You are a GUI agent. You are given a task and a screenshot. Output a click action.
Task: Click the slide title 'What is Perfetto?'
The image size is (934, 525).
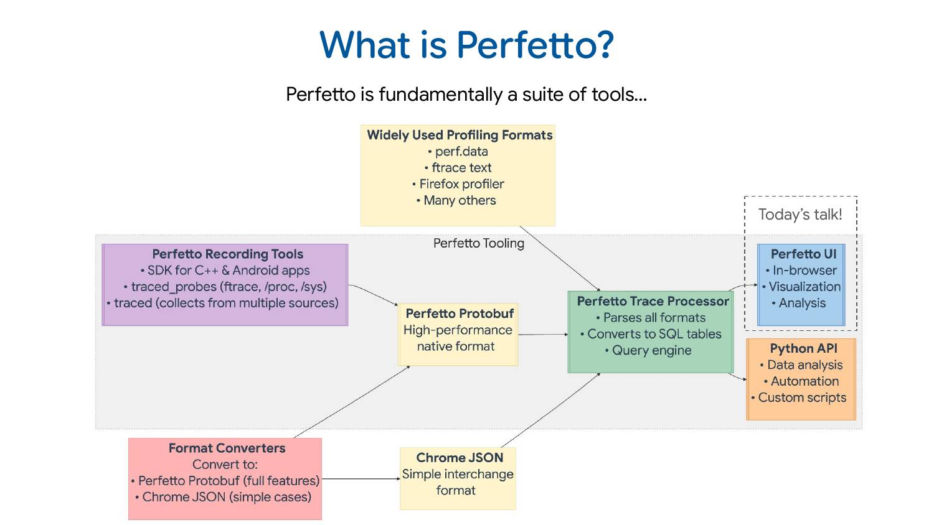466,45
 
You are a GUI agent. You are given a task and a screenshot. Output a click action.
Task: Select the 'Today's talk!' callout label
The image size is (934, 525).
800,215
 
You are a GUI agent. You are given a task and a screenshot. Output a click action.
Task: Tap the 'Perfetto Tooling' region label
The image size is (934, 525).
478,243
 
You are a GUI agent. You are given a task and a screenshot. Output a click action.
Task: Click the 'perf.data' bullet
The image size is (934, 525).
461,151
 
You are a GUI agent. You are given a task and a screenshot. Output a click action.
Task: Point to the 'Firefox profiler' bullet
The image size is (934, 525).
461,184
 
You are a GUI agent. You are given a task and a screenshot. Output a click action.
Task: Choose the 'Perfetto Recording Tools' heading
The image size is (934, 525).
227,254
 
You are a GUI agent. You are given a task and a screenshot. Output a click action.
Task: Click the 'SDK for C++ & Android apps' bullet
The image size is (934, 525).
228,271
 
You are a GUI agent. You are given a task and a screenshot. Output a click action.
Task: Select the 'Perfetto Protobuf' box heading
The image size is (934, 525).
460,314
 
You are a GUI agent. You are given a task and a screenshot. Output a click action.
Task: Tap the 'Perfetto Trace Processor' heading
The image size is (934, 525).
653,301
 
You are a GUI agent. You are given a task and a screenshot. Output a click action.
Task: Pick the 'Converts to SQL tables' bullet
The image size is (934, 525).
654,334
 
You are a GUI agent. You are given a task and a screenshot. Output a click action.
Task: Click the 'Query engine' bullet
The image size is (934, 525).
651,350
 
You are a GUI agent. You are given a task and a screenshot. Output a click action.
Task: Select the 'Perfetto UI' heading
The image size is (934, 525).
803,254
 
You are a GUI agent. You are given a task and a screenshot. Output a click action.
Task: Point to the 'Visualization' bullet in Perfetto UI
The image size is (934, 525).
804,287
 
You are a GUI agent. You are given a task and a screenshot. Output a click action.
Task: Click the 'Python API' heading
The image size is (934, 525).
803,348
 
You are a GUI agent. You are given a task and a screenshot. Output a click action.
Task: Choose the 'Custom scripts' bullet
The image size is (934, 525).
802,397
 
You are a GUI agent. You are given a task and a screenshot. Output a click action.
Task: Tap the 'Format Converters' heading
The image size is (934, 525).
227,448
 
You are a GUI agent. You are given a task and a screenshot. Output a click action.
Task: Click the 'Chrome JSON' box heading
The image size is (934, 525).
460,458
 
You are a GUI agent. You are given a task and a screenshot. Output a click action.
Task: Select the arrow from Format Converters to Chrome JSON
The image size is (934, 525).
361,479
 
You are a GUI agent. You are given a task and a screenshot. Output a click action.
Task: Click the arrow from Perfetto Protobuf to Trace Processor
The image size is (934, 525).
542,335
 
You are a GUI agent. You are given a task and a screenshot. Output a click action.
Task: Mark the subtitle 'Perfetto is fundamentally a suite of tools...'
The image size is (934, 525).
466,95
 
